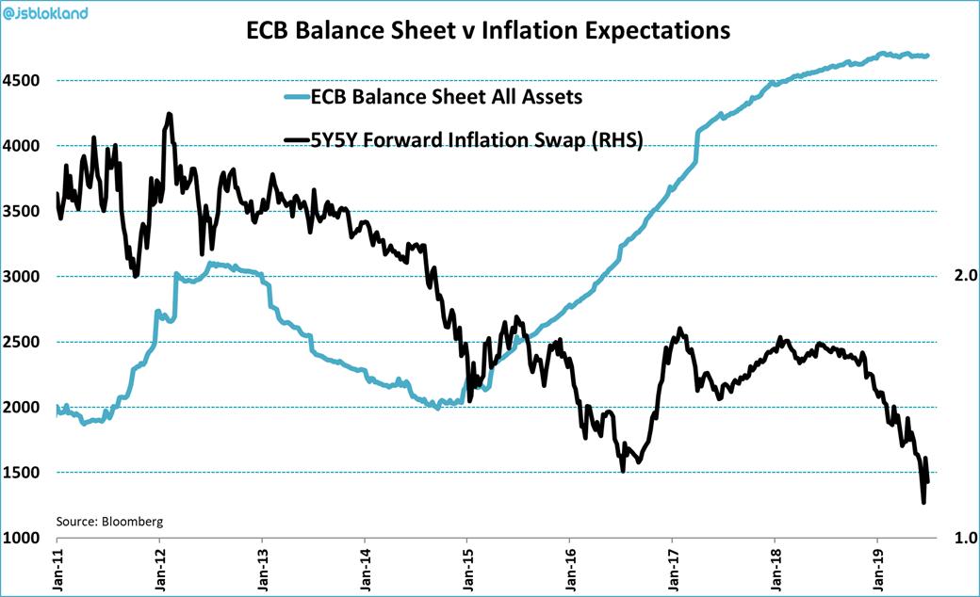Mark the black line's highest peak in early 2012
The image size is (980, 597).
169,114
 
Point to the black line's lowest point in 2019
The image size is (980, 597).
923,503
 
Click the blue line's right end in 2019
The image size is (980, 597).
928,56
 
